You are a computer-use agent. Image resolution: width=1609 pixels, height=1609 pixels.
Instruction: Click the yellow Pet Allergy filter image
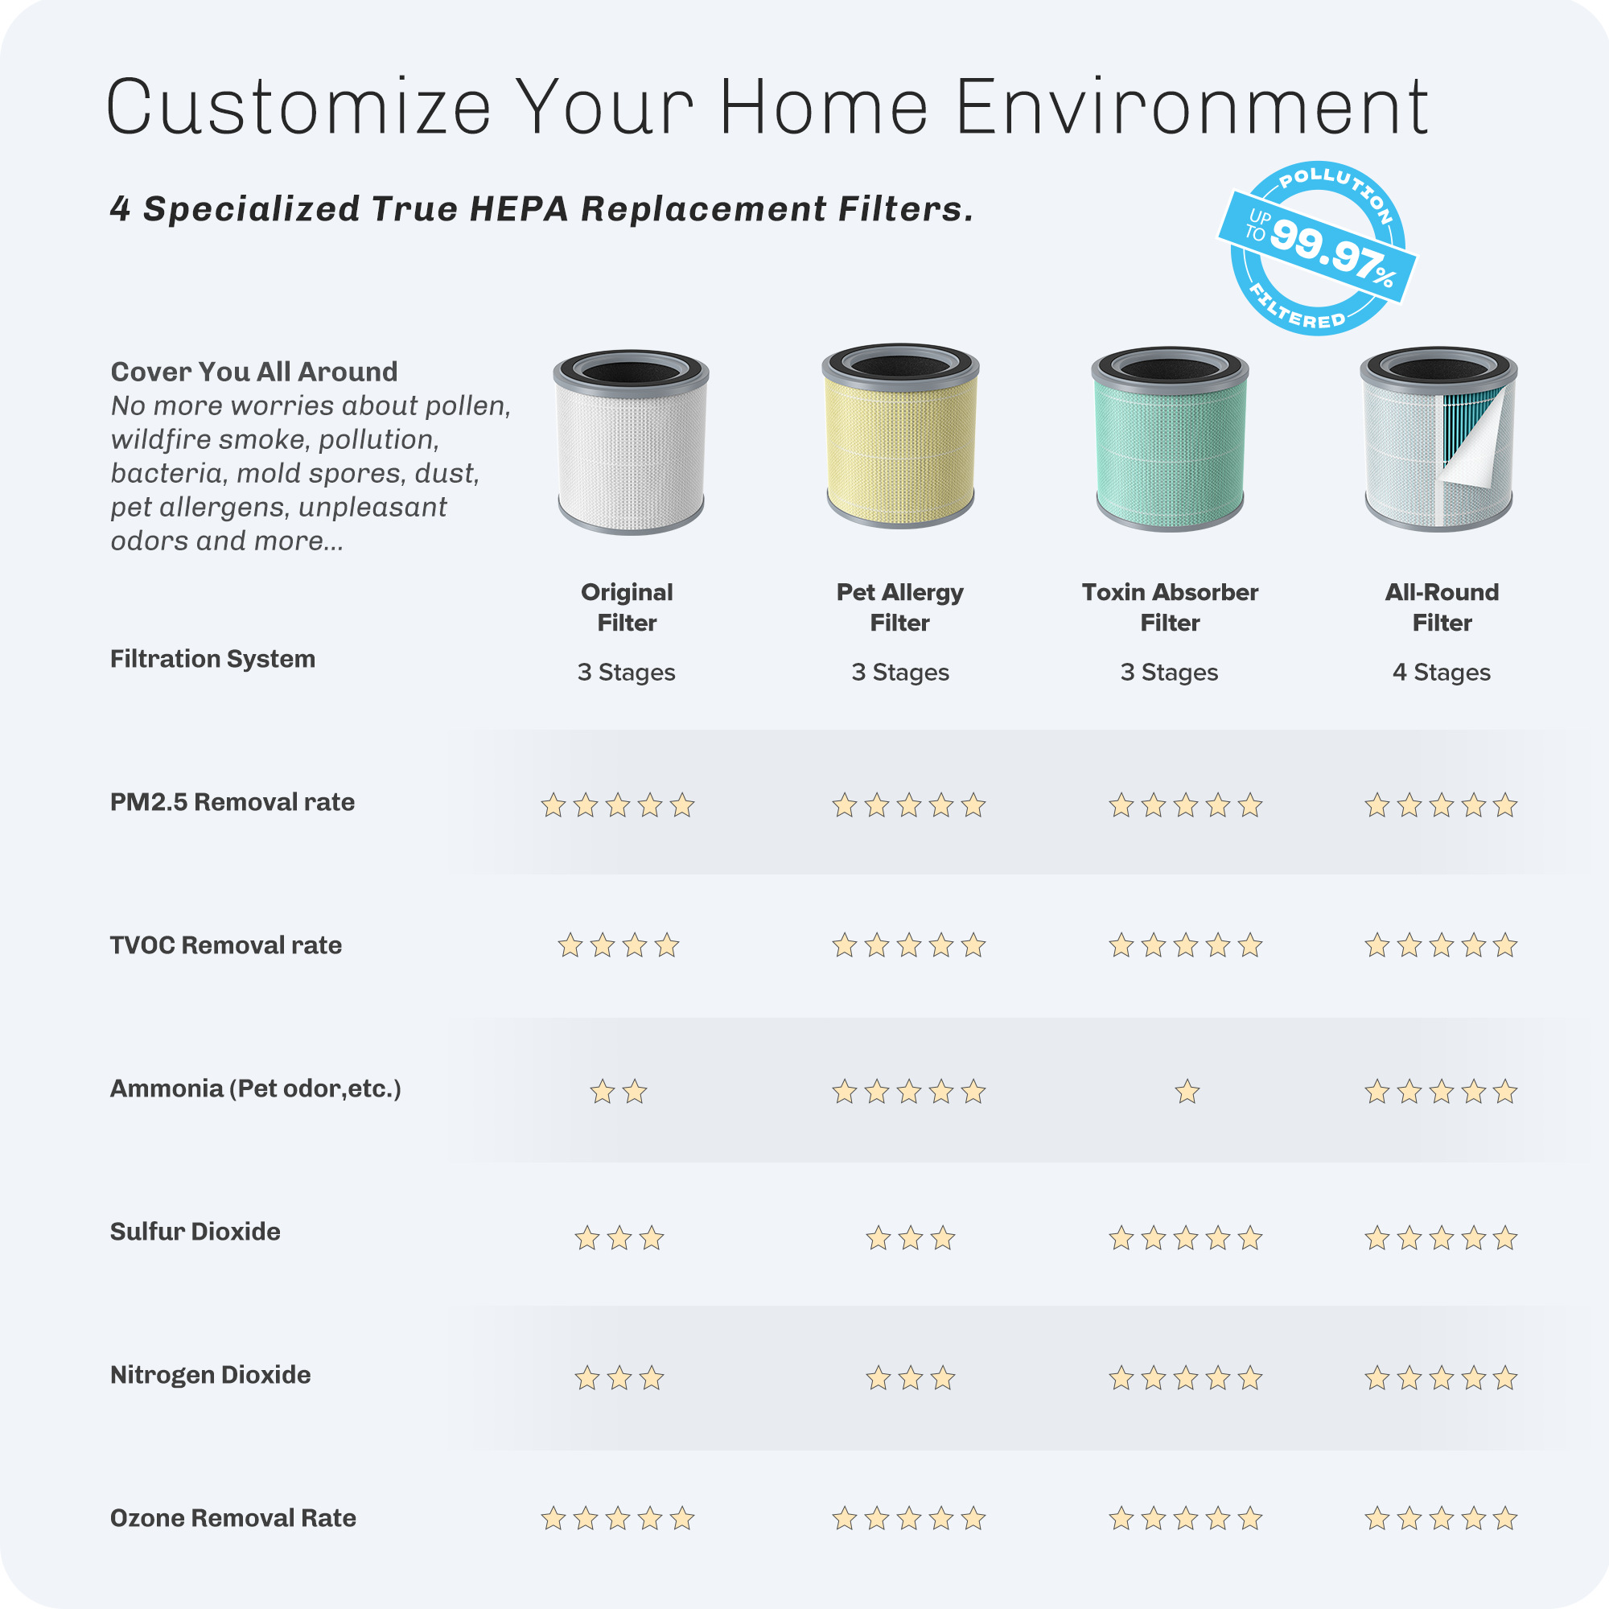pyautogui.click(x=900, y=435)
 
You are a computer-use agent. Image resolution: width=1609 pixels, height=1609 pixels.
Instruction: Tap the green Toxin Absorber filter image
pyautogui.click(x=1170, y=439)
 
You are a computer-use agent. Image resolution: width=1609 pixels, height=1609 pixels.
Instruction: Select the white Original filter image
pyautogui.click(x=632, y=442)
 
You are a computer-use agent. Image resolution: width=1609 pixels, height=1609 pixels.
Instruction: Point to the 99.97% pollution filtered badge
pyautogui.click(x=1318, y=248)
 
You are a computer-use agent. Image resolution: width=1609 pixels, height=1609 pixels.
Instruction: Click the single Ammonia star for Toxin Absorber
pyautogui.click(x=1187, y=1091)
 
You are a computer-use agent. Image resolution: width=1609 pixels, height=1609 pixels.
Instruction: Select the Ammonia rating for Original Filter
pyautogui.click(x=618, y=1091)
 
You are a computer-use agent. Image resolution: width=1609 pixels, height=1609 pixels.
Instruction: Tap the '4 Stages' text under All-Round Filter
pyautogui.click(x=1442, y=672)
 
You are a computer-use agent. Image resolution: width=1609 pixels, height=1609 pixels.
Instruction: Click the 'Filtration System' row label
pyautogui.click(x=212, y=659)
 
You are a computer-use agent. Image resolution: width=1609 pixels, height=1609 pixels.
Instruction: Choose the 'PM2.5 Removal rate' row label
pyautogui.click(x=233, y=802)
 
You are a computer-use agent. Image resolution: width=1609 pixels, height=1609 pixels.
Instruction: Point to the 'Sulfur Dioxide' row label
pyautogui.click(x=195, y=1232)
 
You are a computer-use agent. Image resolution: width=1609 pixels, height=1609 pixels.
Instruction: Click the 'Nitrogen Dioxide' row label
pyautogui.click(x=210, y=1375)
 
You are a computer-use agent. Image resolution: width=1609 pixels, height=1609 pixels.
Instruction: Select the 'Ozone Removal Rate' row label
pyautogui.click(x=233, y=1518)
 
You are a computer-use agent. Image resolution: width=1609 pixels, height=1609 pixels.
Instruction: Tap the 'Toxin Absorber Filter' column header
pyautogui.click(x=1170, y=607)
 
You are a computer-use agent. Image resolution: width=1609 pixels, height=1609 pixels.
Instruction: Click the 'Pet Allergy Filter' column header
pyautogui.click(x=900, y=607)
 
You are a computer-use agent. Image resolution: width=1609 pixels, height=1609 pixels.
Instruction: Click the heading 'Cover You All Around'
pyautogui.click(x=254, y=372)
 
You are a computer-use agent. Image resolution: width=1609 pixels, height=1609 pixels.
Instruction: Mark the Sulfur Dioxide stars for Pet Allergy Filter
pyautogui.click(x=910, y=1238)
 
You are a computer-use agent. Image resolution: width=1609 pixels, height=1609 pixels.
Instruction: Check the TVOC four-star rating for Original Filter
pyautogui.click(x=618, y=945)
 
